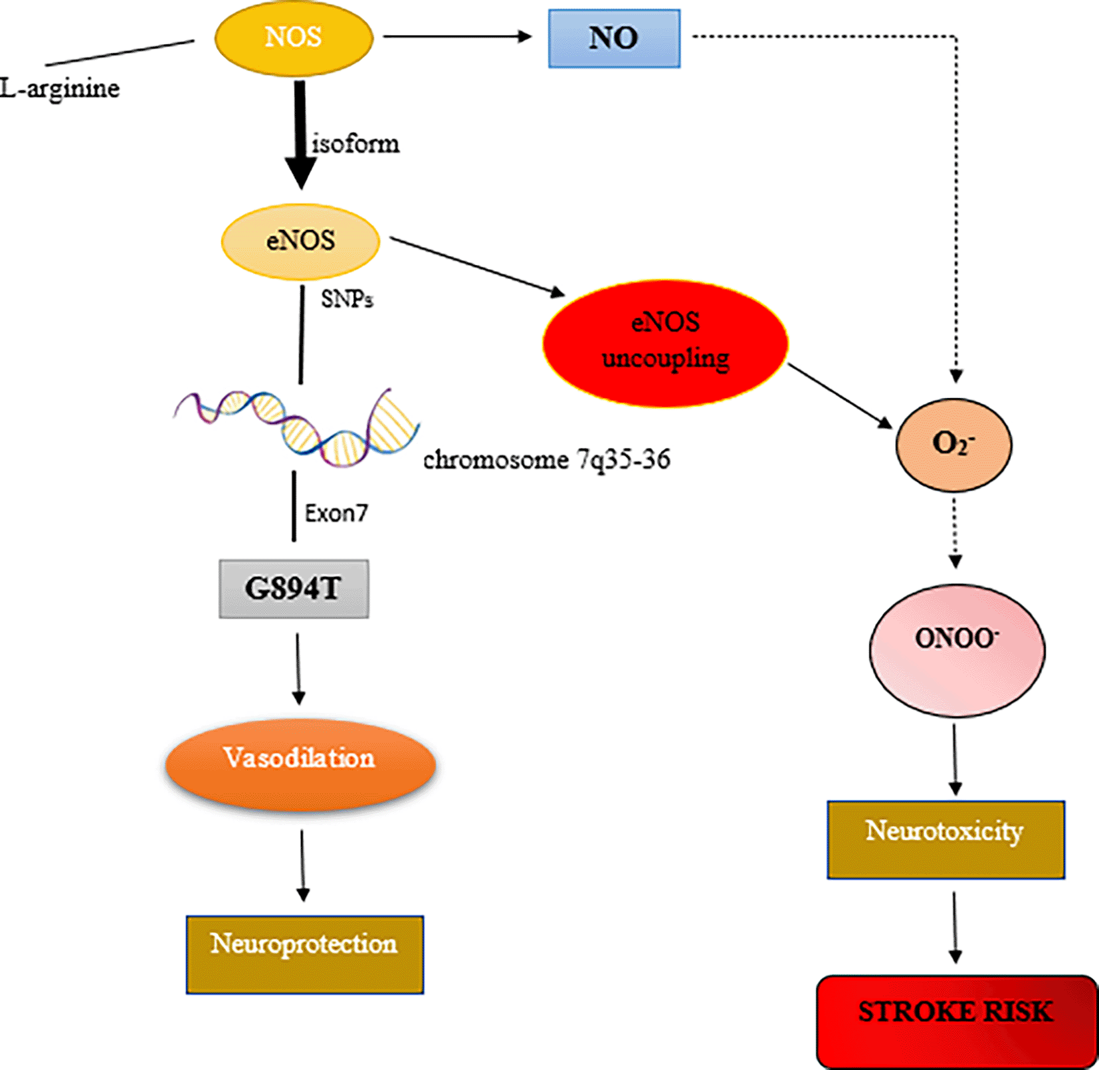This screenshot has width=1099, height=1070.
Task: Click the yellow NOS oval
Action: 294,39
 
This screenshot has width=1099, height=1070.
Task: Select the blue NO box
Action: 614,39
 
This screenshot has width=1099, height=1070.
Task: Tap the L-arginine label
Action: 60,88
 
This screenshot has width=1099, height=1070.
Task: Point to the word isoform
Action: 356,144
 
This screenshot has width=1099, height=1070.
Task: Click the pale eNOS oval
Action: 300,241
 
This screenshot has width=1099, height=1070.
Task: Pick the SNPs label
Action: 347,299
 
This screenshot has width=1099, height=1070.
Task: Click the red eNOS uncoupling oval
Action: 665,342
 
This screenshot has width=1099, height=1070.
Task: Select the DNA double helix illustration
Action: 296,427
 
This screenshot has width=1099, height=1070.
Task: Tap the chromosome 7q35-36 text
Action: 547,459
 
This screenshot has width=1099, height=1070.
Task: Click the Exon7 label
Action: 336,513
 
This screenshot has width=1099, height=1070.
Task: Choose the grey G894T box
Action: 294,589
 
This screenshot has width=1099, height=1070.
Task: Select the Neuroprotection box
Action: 304,954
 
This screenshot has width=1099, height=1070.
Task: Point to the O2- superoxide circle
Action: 954,445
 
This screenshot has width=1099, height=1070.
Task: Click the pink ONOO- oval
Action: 957,649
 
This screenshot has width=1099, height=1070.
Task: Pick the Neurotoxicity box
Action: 946,839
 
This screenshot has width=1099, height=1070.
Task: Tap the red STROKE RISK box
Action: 956,1021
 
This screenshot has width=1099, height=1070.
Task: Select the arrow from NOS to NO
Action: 458,37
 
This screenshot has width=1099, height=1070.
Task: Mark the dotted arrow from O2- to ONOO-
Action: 955,532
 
